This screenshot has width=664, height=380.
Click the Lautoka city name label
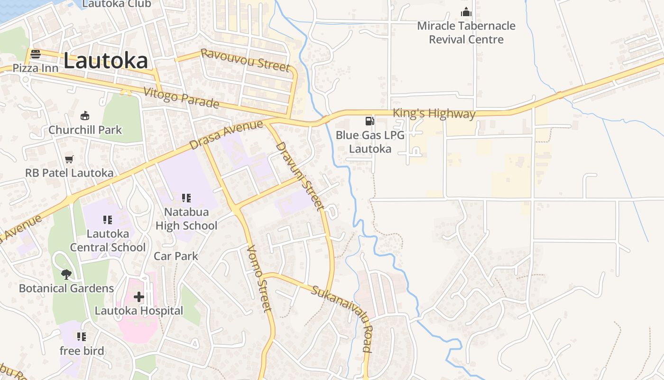[x=105, y=61]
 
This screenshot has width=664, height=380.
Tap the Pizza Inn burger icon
[x=36, y=54]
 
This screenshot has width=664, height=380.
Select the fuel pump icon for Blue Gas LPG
[x=370, y=121]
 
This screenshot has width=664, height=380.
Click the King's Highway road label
[x=434, y=114]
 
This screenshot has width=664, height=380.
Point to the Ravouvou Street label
[x=245, y=60]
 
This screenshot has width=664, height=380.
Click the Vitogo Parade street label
[x=181, y=97]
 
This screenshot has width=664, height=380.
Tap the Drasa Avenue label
[x=226, y=134]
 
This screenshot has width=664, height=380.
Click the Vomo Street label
[x=259, y=278]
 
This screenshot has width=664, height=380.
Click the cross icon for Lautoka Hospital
[x=138, y=297]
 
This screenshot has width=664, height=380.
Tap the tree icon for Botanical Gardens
[x=66, y=274]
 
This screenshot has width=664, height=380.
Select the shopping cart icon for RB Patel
[x=69, y=159]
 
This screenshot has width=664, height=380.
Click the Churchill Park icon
[x=85, y=115]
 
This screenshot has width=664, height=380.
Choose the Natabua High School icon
[x=186, y=198]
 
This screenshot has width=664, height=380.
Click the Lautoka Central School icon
[x=108, y=219]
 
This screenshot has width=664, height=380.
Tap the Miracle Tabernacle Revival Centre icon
[x=466, y=12]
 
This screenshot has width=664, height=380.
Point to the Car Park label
[x=176, y=256]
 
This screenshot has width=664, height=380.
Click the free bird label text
[x=82, y=351]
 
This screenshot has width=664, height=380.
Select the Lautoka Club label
[x=117, y=4]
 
